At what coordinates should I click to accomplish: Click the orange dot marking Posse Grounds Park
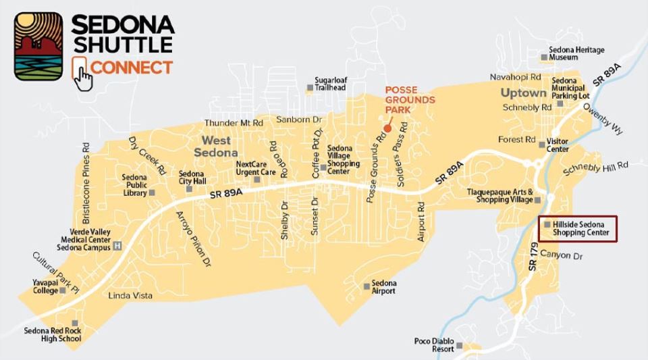pyautogui.click(x=387, y=128)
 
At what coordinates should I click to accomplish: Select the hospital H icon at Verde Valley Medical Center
pyautogui.click(x=118, y=245)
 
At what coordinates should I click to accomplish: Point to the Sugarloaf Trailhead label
pyautogui.click(x=331, y=83)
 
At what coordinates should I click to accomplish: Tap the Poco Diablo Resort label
pyautogui.click(x=433, y=345)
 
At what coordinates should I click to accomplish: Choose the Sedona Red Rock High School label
pyautogui.click(x=52, y=334)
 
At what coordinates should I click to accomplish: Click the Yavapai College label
pyautogui.click(x=45, y=286)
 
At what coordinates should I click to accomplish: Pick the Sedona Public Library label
pyautogui.click(x=134, y=185)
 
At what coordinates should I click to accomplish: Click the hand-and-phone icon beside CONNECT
pyautogui.click(x=81, y=73)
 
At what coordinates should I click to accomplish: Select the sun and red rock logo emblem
pyautogui.click(x=38, y=47)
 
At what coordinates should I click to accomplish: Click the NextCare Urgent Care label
pyautogui.click(x=255, y=168)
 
